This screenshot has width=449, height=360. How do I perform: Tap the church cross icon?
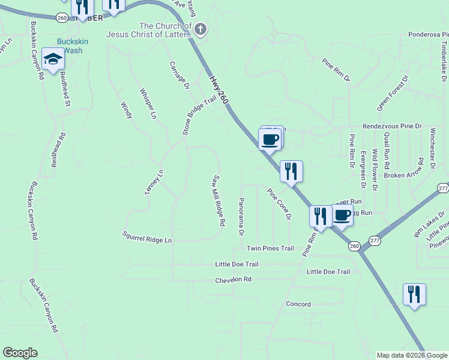(x=200, y=28)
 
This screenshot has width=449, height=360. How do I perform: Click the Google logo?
(x=20, y=353)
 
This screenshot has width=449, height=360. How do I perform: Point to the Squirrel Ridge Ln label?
(x=147, y=237)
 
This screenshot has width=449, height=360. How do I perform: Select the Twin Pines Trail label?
(x=270, y=248)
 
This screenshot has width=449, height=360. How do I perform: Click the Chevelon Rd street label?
(x=234, y=280)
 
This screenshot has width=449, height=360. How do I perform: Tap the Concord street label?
(x=298, y=304)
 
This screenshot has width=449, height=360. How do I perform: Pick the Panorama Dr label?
(x=241, y=216)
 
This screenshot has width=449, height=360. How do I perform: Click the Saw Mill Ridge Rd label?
(x=218, y=200)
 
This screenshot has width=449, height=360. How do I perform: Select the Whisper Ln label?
(x=148, y=103)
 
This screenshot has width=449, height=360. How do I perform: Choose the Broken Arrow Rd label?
(x=403, y=175)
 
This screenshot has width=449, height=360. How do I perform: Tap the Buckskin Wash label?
(x=69, y=46)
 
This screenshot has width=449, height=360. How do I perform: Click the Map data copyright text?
(x=411, y=355)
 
